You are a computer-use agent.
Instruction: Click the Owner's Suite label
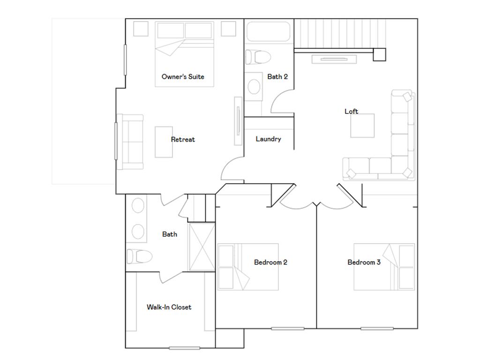[183, 76]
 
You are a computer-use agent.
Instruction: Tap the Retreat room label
[183, 139]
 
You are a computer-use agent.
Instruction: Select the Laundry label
[269, 139]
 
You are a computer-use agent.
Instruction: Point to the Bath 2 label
[277, 76]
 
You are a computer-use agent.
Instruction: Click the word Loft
[352, 111]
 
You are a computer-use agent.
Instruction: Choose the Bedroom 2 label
[270, 262]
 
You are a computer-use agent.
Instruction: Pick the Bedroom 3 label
[364, 262]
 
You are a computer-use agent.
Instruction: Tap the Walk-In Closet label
[169, 307]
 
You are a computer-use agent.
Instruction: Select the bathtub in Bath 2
[268, 31]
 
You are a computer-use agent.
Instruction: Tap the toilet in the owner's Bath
[139, 256]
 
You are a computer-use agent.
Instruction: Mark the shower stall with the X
[202, 247]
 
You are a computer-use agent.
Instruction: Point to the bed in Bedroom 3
[384, 267]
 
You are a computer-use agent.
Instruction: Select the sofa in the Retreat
[130, 142]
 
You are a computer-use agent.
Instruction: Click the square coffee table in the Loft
[362, 126]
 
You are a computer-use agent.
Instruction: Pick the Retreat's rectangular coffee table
[164, 142]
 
